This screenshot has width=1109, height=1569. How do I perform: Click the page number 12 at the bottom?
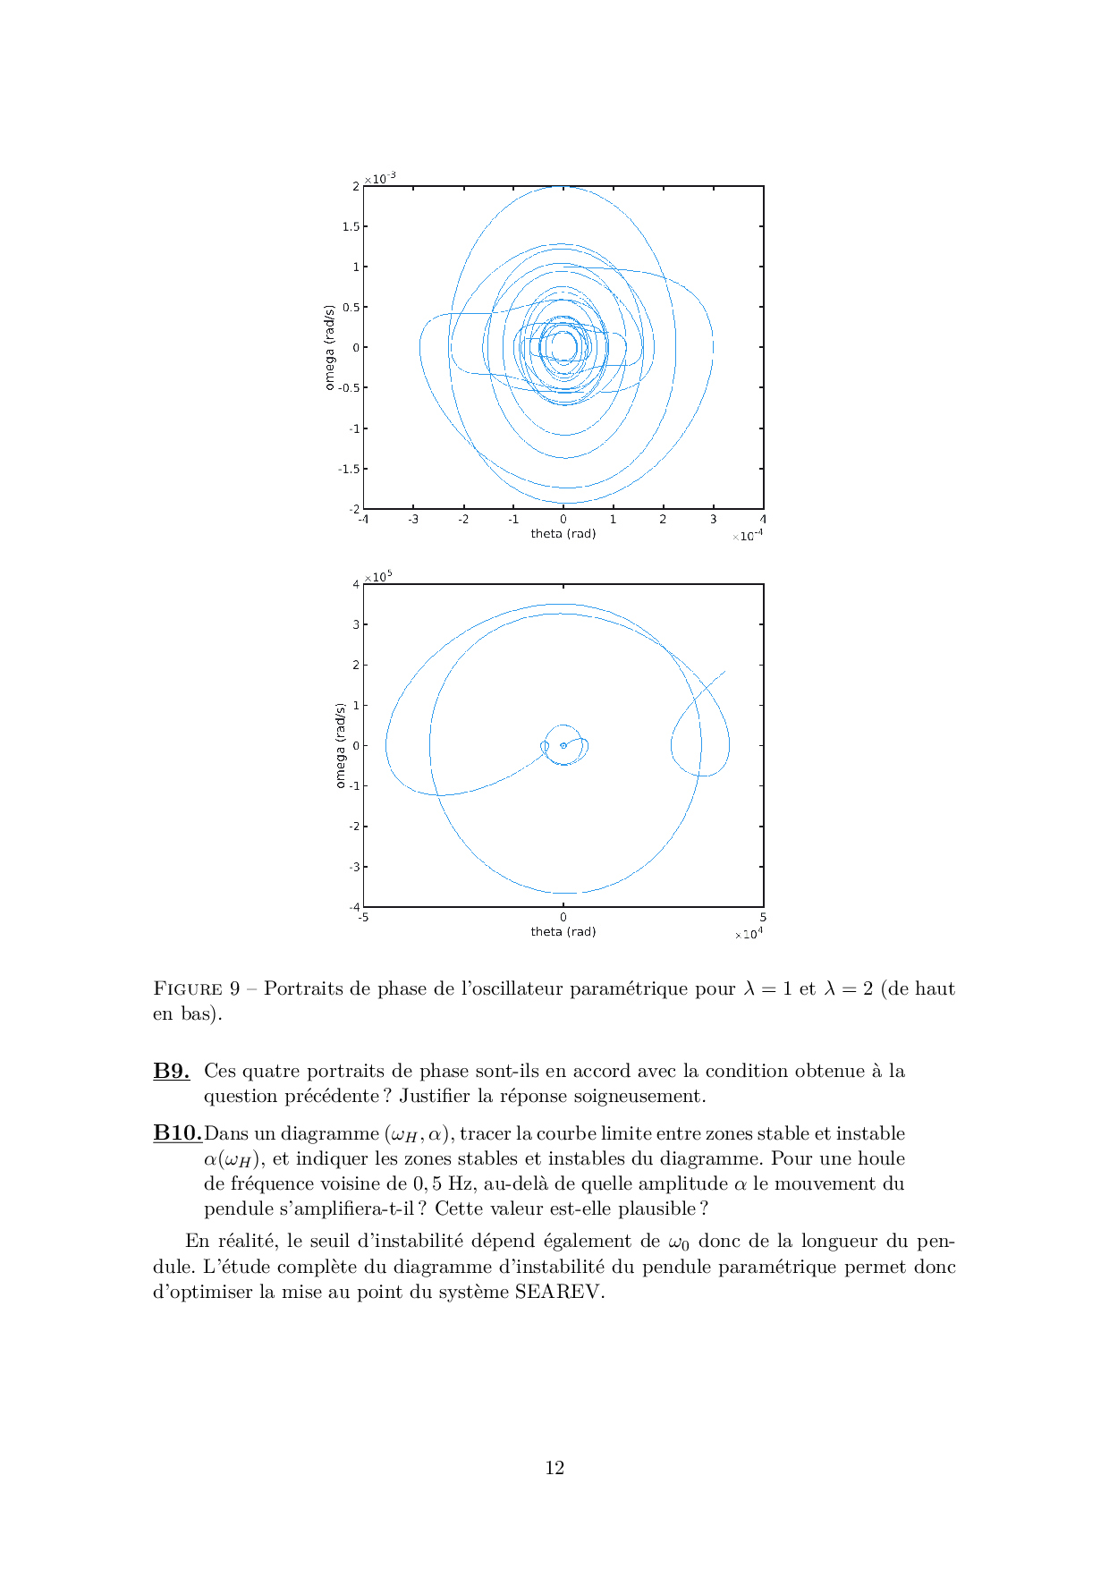click(554, 1467)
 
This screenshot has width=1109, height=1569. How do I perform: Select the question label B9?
click(171, 1071)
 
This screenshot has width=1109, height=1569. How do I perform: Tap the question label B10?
click(177, 1133)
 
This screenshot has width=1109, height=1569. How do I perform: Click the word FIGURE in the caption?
click(188, 988)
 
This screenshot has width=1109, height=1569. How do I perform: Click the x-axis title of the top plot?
click(563, 534)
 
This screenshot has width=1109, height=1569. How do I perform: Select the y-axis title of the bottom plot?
click(340, 745)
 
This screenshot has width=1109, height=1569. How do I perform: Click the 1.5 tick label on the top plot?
click(351, 226)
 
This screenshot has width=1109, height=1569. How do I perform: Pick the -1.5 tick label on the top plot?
click(349, 469)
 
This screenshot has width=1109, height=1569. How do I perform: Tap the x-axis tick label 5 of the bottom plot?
click(762, 917)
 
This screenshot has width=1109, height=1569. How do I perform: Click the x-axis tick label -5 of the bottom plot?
click(363, 917)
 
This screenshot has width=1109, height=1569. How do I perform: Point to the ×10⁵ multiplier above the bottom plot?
click(378, 577)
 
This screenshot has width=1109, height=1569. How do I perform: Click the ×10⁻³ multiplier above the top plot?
click(380, 179)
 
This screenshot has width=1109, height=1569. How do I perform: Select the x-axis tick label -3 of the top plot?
click(413, 519)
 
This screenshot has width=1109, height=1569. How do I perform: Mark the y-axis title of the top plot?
click(329, 347)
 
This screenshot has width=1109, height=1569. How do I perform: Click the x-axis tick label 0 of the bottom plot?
click(563, 917)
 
